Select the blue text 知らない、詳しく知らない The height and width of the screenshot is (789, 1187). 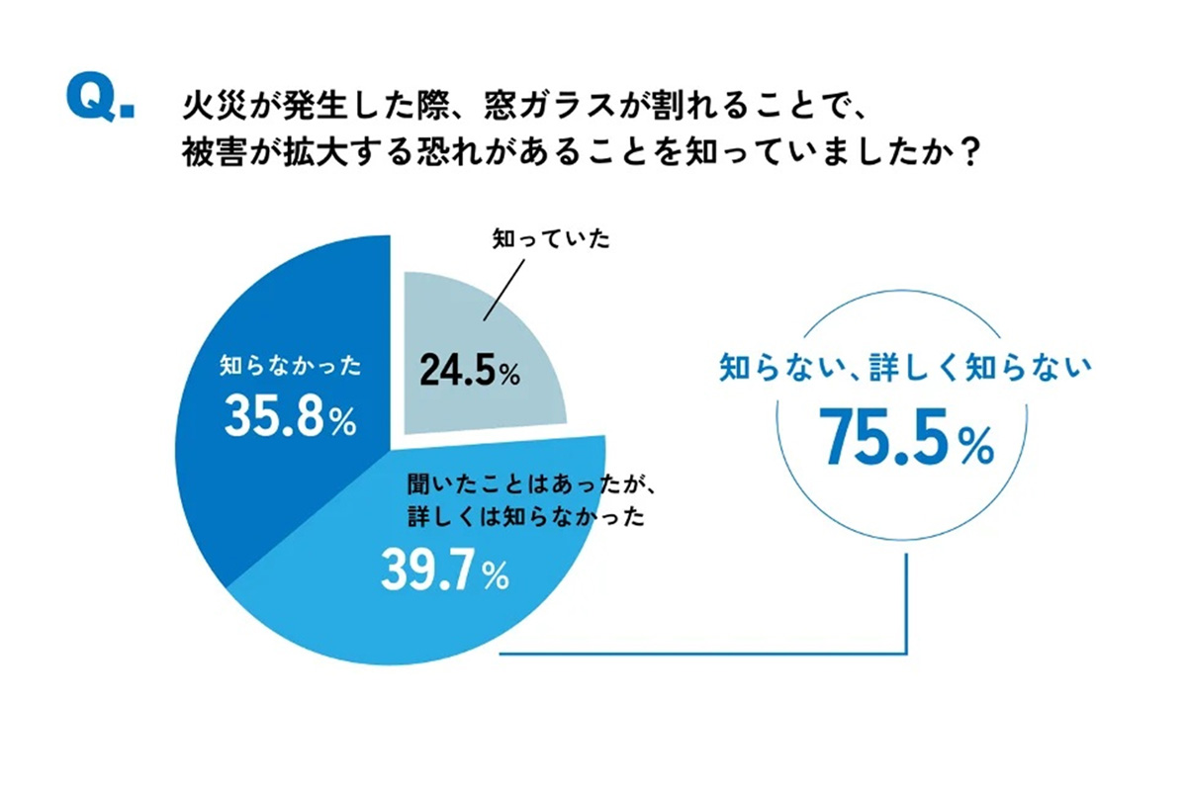[905, 370]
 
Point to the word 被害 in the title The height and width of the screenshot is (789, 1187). [206, 151]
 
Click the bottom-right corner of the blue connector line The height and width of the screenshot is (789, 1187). [905, 653]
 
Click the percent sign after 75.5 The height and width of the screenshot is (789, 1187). [973, 450]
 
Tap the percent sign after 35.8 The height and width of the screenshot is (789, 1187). [341, 425]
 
